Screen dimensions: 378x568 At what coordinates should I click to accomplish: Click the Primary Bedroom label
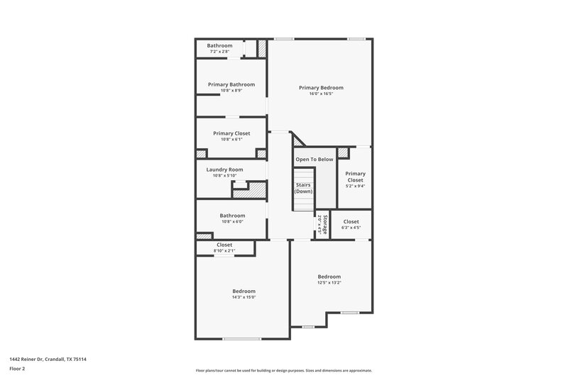click(x=321, y=88)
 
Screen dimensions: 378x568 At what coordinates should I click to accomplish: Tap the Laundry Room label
click(x=224, y=169)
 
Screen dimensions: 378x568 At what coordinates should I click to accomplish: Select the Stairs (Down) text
click(x=303, y=188)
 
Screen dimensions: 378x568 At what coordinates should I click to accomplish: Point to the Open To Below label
click(x=314, y=160)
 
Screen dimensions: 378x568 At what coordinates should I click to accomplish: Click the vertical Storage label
click(x=324, y=225)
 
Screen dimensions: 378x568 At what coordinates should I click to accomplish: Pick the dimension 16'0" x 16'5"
click(x=321, y=94)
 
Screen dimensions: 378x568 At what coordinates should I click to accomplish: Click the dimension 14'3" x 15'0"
click(x=244, y=297)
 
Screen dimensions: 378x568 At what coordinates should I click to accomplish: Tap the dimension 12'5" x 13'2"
click(x=329, y=282)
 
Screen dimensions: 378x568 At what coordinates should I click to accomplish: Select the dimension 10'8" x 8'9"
click(x=231, y=90)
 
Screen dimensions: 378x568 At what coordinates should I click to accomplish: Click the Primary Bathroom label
click(x=231, y=84)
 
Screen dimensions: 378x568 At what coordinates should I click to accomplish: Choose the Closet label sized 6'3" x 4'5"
click(x=351, y=222)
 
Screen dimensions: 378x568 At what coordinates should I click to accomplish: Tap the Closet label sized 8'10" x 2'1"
click(x=224, y=245)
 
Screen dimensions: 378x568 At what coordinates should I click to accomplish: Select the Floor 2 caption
click(x=18, y=369)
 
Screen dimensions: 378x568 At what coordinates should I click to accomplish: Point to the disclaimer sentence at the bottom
click(x=283, y=370)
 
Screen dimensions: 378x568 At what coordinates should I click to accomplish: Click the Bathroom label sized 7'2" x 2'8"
click(x=219, y=46)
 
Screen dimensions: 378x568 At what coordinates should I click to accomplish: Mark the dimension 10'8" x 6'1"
click(x=231, y=139)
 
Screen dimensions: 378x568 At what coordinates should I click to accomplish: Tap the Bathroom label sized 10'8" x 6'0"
click(x=231, y=216)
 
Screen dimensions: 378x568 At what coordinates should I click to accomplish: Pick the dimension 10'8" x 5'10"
click(x=224, y=175)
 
